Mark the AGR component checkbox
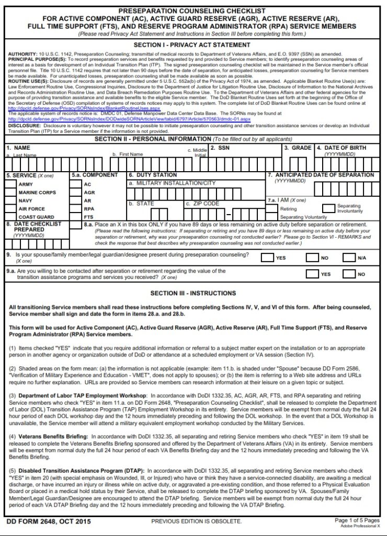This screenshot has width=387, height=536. [76, 192]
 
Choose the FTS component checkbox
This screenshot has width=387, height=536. [76, 217]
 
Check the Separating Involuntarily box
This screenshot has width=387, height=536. [328, 208]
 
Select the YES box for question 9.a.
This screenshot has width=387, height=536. [312, 274]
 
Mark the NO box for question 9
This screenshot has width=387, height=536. [312, 258]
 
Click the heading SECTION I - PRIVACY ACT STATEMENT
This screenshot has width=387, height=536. [193, 46]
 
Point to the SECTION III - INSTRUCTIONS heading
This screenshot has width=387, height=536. [193, 293]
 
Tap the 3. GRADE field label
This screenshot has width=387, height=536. [298, 148]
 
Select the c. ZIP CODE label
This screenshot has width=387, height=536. [202, 203]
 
